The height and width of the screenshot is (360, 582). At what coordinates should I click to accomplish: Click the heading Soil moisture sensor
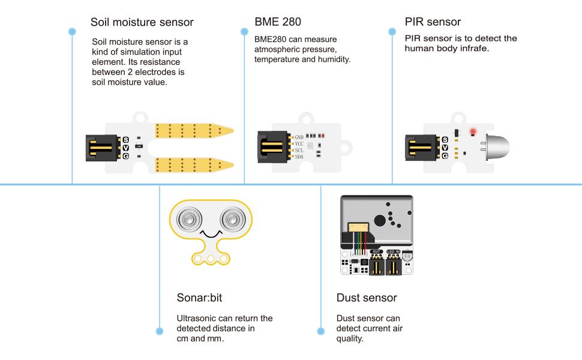tap(142, 23)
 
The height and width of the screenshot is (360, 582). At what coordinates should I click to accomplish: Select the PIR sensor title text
tap(433, 22)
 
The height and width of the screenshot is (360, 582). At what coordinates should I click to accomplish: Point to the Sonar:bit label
tap(201, 298)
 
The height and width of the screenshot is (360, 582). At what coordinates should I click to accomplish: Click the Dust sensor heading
tap(367, 298)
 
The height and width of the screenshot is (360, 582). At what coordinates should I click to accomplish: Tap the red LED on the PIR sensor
tap(473, 131)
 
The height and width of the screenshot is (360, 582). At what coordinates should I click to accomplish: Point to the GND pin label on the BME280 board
tap(299, 137)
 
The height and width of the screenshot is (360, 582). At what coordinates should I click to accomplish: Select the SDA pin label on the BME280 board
tap(299, 157)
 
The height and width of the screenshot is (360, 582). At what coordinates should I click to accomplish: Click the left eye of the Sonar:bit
tap(188, 220)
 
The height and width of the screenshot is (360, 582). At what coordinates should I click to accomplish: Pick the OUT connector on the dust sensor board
tap(377, 264)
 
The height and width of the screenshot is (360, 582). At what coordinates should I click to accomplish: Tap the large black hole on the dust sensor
tap(380, 220)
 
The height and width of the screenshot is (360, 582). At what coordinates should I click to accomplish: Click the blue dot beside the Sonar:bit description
tap(159, 331)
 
